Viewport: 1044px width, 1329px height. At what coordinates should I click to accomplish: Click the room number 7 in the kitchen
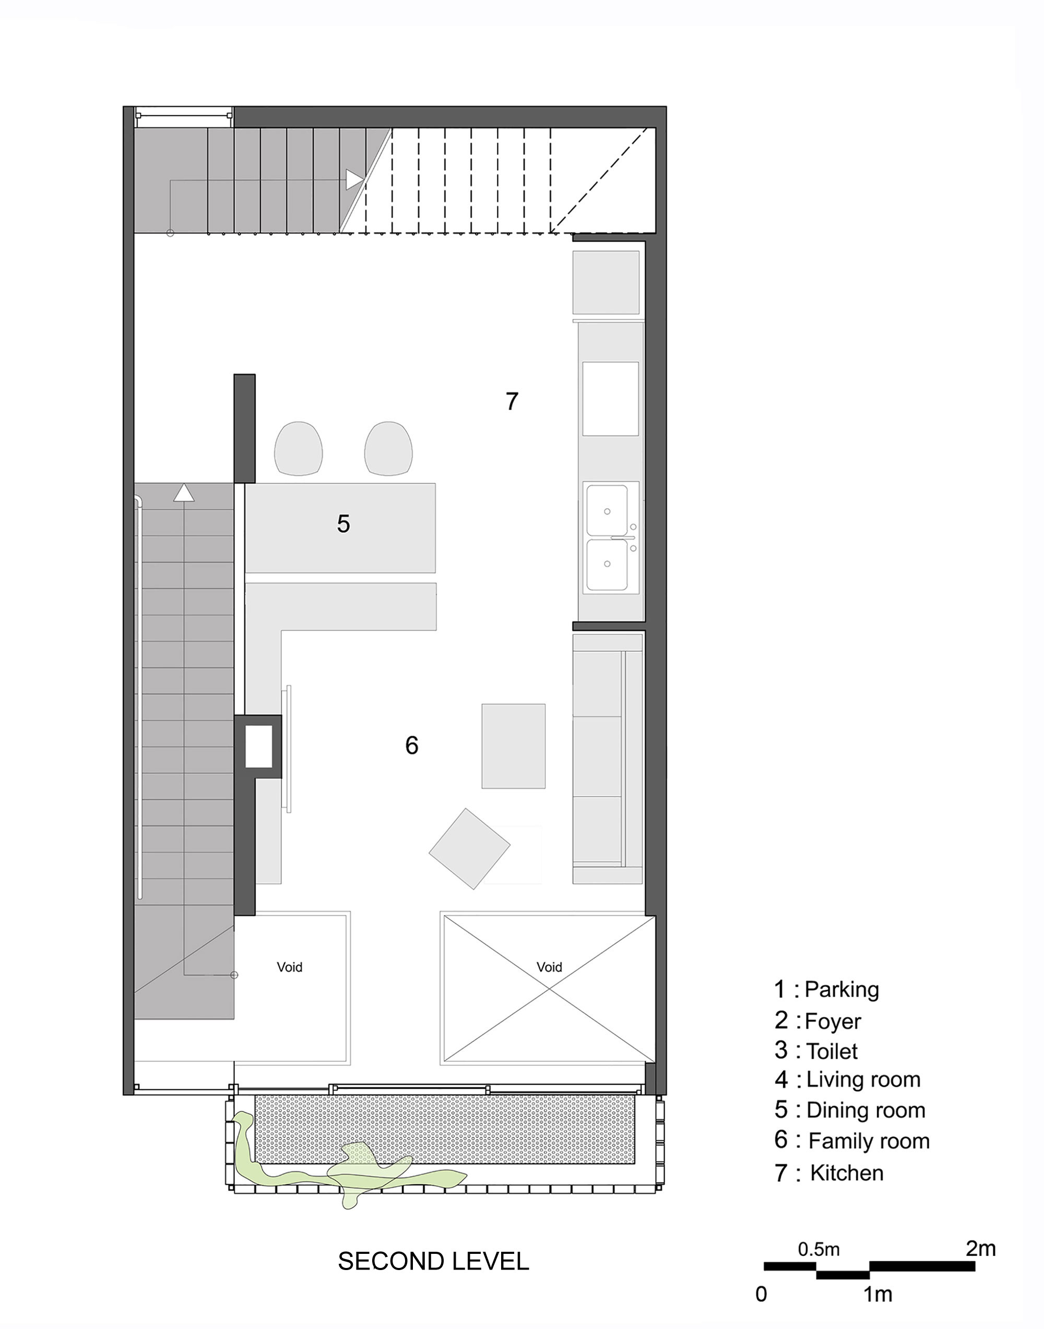(x=512, y=401)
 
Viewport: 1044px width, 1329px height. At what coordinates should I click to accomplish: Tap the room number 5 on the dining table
(x=343, y=524)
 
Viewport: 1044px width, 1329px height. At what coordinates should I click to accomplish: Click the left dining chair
(x=298, y=448)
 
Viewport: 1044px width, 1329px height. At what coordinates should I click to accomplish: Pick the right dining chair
(x=388, y=448)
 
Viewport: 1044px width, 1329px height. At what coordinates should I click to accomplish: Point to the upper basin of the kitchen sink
(x=607, y=511)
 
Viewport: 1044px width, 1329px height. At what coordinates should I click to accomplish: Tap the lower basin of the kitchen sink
(x=607, y=565)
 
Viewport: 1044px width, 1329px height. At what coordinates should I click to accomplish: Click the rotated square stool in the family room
(x=469, y=849)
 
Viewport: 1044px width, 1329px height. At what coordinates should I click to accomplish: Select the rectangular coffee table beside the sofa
(x=514, y=746)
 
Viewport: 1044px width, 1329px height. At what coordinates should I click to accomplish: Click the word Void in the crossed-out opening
(x=549, y=967)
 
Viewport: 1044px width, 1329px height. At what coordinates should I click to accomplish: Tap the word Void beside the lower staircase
(x=289, y=967)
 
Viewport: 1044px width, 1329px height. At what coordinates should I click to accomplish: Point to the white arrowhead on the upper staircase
(x=354, y=179)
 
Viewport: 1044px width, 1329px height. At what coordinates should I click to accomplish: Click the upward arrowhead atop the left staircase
(x=183, y=493)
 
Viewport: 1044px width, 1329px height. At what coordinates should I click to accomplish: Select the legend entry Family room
(x=868, y=1141)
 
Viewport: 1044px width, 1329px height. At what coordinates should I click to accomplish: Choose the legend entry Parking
(x=841, y=989)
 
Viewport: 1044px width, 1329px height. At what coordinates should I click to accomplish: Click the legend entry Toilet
(x=832, y=1051)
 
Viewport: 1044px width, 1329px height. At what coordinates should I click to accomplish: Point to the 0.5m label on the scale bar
(x=818, y=1249)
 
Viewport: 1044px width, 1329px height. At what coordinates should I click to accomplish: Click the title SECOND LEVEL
(x=433, y=1262)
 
